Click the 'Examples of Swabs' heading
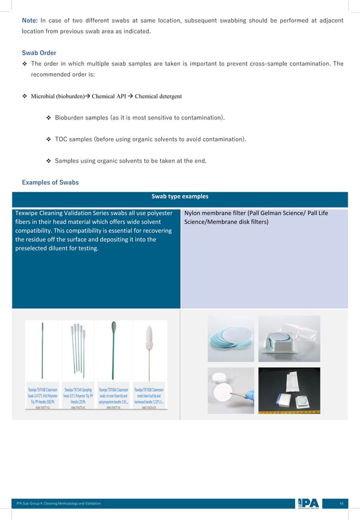click(x=50, y=182)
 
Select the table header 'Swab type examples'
click(x=179, y=197)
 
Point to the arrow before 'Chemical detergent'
click(x=130, y=96)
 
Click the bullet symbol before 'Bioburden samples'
click(x=48, y=118)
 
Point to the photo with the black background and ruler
click(x=288, y=390)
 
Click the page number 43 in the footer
click(x=341, y=503)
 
